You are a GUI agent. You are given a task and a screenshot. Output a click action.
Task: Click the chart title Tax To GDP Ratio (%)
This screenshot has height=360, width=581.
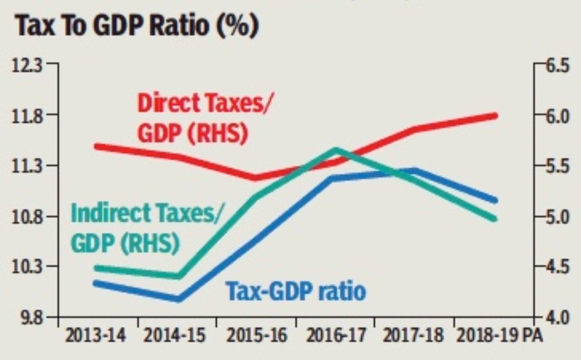click(x=137, y=27)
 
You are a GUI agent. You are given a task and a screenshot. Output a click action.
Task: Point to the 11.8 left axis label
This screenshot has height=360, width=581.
click(x=28, y=114)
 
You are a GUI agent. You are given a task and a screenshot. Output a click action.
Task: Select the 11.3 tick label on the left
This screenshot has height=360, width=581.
click(x=28, y=165)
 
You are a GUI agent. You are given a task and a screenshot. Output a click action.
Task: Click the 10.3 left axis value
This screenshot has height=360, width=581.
click(x=28, y=267)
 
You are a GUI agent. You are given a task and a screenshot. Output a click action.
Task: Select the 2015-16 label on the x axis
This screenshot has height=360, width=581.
click(x=256, y=336)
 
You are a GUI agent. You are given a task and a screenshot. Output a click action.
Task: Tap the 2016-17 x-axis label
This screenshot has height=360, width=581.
click(x=335, y=336)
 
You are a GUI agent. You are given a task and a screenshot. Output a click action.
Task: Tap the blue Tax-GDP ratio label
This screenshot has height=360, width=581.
click(x=296, y=290)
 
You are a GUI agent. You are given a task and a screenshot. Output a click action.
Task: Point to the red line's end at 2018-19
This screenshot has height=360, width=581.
click(x=495, y=116)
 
